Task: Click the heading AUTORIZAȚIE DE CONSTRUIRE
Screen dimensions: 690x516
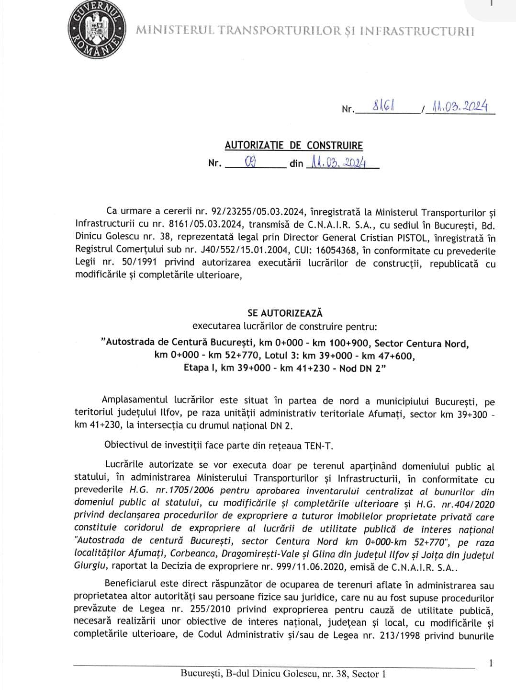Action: (x=294, y=145)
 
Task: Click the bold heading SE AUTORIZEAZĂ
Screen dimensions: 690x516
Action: (x=285, y=313)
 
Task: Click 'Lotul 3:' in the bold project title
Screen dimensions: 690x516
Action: (x=276, y=356)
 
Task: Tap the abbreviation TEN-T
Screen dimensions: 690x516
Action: (x=318, y=445)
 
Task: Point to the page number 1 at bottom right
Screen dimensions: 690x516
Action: (x=491, y=663)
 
